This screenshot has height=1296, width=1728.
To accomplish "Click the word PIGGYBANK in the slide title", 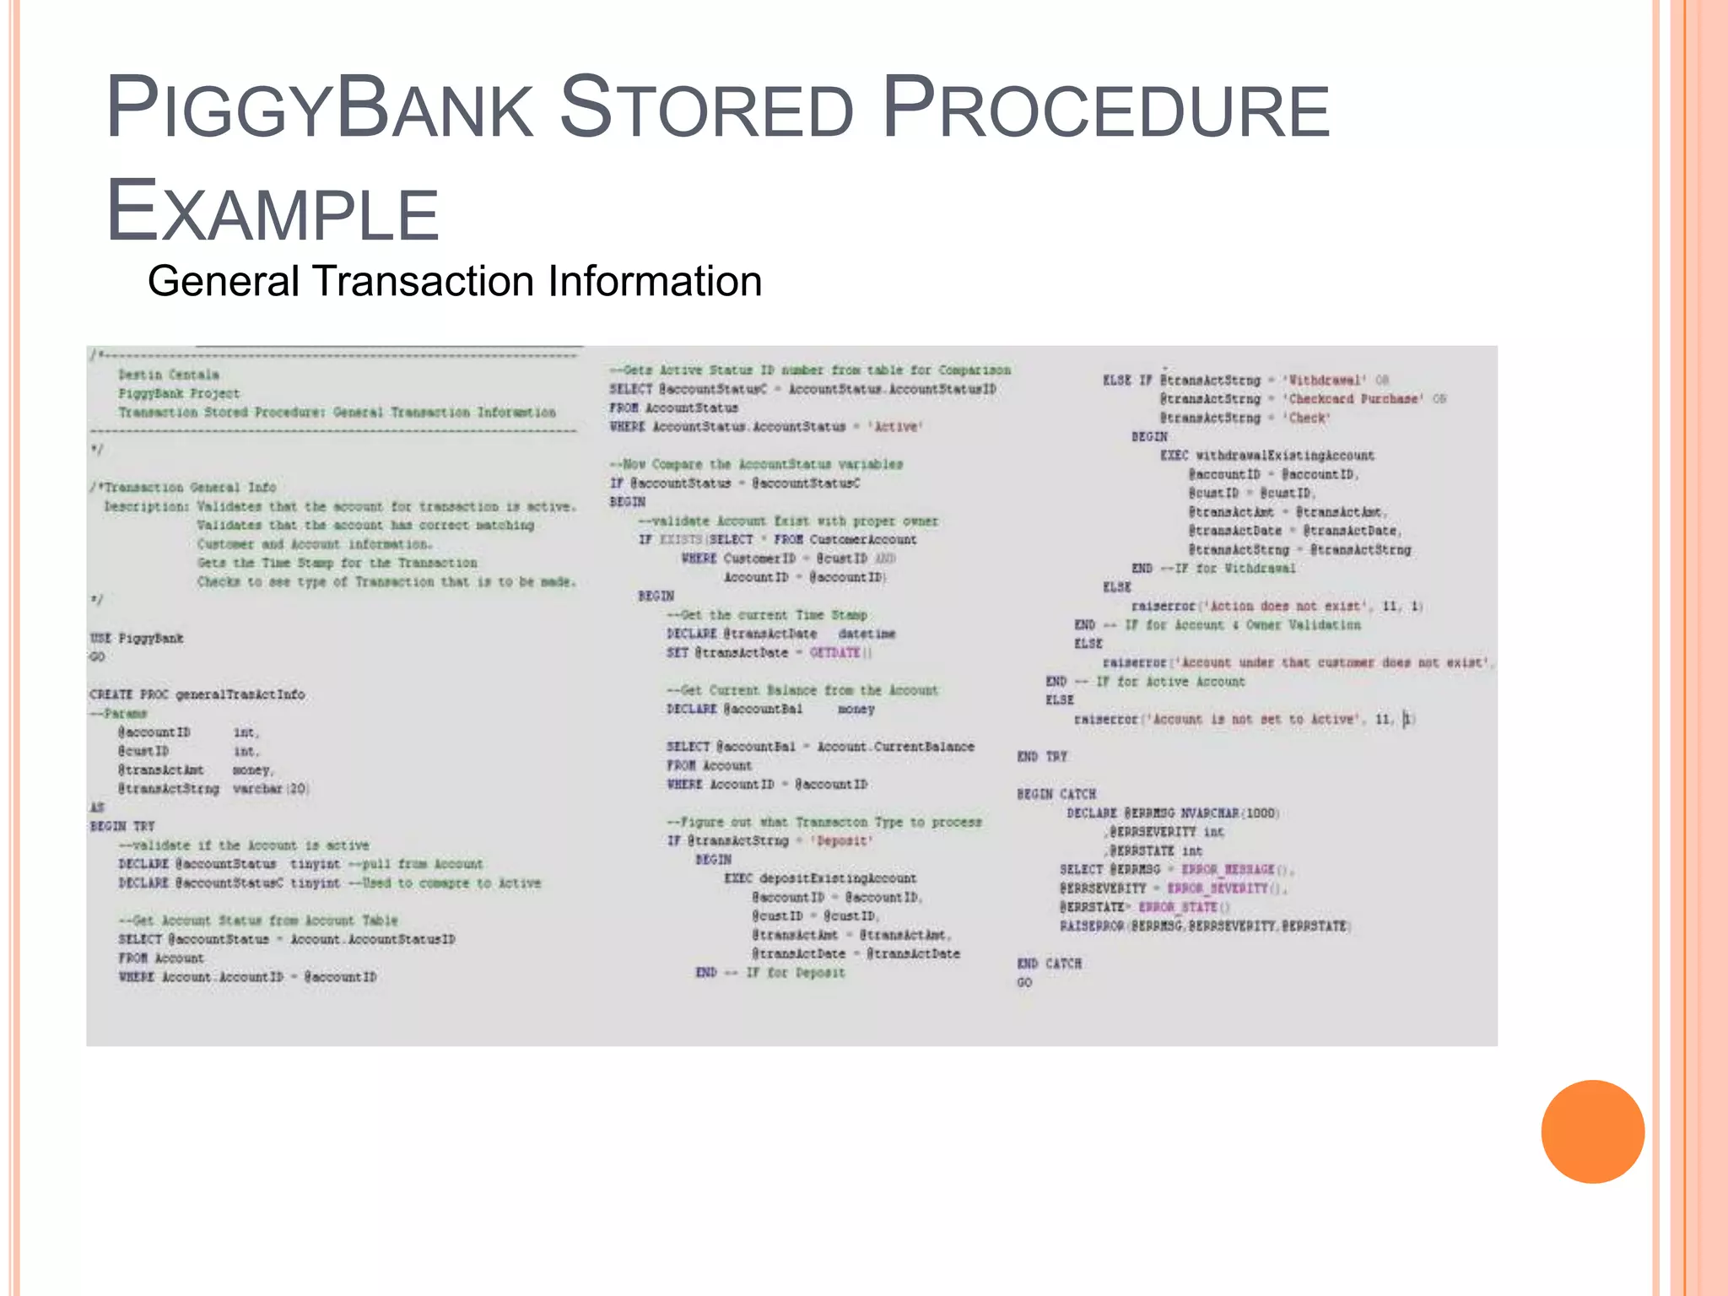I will click(320, 108).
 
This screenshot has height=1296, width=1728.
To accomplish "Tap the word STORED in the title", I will click(707, 108).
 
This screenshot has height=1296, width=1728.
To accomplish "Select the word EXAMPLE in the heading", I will click(273, 211).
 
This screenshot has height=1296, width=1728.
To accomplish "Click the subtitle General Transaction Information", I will click(455, 281).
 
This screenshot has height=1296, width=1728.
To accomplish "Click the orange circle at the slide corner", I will click(1592, 1131).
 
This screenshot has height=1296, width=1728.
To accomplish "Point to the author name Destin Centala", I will click(169, 375).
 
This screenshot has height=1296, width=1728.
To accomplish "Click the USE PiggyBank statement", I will click(137, 638).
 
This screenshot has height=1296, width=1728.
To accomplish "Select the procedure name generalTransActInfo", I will click(240, 694).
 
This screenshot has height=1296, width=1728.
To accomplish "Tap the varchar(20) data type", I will click(271, 789).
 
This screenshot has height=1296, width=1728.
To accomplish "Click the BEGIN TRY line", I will click(122, 826).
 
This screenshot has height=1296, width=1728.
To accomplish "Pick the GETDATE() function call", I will click(840, 653).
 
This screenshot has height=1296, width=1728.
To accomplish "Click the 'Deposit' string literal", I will click(843, 841).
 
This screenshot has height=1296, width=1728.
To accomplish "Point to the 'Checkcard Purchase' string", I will click(1353, 399).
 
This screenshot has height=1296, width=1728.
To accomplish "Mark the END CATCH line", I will click(1049, 964).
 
